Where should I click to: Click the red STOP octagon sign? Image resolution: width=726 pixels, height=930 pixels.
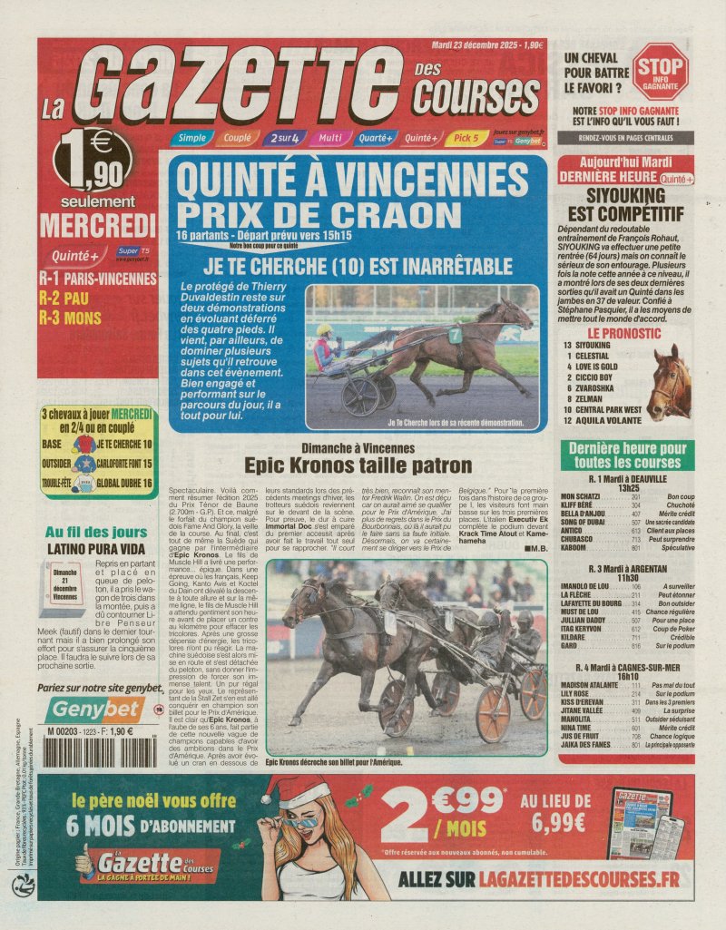point(660,71)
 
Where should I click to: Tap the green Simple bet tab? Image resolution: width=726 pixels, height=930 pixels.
point(191,138)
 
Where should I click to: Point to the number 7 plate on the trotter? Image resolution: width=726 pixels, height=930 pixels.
point(455,335)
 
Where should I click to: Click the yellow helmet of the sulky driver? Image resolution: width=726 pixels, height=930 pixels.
point(324,329)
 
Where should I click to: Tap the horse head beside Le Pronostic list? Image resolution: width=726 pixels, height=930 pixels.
point(670,381)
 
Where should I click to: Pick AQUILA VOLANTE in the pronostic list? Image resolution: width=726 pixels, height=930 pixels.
point(607,422)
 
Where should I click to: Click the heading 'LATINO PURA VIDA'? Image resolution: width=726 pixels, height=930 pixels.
point(95,549)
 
